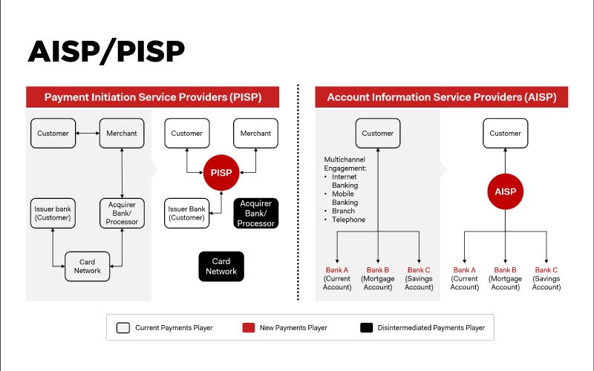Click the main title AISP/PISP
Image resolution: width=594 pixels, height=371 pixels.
click(x=106, y=51)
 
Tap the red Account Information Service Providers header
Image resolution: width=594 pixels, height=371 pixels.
click(x=442, y=97)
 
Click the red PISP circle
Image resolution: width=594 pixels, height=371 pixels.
click(x=221, y=173)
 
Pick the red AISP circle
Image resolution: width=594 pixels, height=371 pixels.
click(x=505, y=191)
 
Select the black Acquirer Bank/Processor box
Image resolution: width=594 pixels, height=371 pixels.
click(x=256, y=214)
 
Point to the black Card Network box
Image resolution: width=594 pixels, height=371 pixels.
click(x=221, y=266)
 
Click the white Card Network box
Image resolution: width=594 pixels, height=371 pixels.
click(x=87, y=266)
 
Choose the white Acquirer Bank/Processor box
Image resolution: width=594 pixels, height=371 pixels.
click(x=122, y=213)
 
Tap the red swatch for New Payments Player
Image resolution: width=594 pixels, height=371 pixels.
click(x=249, y=327)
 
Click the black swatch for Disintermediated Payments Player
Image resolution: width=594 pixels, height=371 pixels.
click(x=366, y=327)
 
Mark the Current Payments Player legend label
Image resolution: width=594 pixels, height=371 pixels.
click(x=174, y=327)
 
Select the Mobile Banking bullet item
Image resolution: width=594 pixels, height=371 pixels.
click(x=345, y=198)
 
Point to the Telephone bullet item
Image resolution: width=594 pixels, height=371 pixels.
click(x=349, y=220)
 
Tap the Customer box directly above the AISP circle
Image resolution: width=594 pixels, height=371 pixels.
click(x=505, y=134)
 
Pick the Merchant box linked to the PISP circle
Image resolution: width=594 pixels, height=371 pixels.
click(x=256, y=134)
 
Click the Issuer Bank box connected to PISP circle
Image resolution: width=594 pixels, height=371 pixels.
click(x=186, y=213)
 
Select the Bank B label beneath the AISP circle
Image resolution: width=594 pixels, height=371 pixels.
click(x=505, y=270)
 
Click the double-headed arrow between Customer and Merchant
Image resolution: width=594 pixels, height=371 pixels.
click(x=88, y=134)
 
